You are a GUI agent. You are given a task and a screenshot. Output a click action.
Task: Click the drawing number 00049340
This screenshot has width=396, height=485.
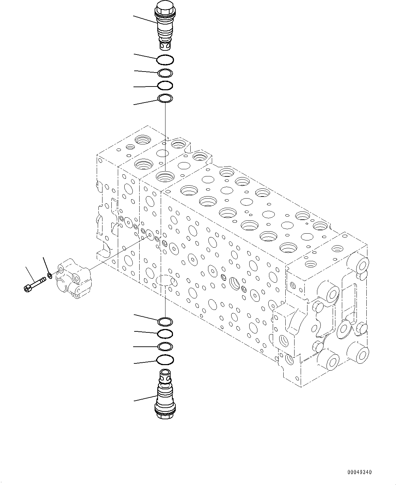(x=360, y=472)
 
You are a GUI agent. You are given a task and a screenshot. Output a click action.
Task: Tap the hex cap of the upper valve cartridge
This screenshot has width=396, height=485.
(x=165, y=7)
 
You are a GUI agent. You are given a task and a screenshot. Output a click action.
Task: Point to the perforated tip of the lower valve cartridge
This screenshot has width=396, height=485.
(x=165, y=374)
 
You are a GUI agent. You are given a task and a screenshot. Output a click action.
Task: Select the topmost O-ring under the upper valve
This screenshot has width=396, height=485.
(x=165, y=60)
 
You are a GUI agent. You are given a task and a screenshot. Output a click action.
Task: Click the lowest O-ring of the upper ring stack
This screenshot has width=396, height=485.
(x=165, y=99)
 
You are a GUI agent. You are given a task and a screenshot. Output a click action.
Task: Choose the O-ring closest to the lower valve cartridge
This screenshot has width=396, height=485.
(x=165, y=359)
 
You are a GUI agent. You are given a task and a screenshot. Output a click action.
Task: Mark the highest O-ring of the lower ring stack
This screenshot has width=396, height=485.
(x=165, y=321)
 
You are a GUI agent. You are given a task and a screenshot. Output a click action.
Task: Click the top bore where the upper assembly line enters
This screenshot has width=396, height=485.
(x=165, y=177)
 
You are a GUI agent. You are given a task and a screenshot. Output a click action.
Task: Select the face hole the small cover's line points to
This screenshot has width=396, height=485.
(x=149, y=234)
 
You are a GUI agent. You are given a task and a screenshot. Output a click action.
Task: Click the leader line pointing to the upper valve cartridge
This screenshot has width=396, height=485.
(x=145, y=19)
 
